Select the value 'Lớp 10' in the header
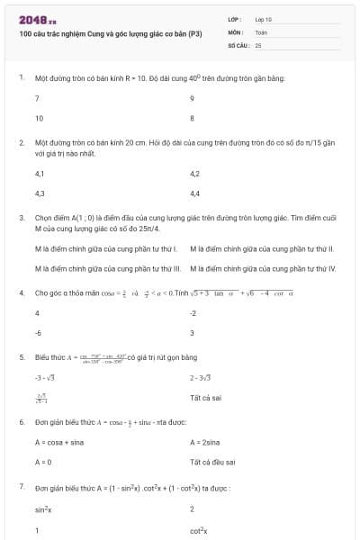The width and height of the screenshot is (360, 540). (x=264, y=19)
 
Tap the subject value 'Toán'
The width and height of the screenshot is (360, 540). (x=261, y=31)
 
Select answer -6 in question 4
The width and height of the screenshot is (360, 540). (x=39, y=332)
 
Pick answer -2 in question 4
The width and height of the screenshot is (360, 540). (x=193, y=313)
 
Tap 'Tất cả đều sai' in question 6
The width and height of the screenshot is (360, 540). (x=212, y=462)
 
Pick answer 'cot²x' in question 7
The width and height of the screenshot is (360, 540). (x=199, y=530)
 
